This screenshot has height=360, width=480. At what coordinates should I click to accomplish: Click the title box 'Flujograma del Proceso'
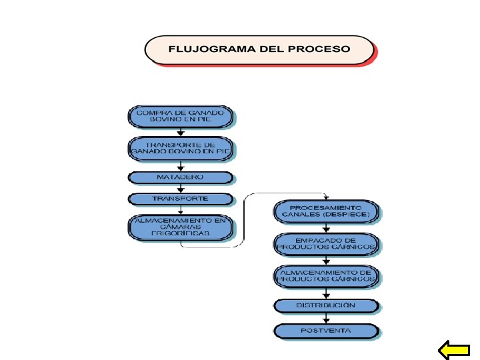(259, 50)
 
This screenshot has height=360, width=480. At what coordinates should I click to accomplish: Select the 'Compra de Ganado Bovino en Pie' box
(181, 117)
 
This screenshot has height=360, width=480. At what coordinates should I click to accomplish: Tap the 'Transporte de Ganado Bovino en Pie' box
(181, 147)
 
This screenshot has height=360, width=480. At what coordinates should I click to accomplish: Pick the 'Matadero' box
(181, 177)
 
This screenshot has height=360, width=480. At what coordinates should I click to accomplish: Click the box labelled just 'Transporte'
(181, 199)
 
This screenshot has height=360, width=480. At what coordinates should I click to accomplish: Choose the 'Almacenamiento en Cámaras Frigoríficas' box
(181, 227)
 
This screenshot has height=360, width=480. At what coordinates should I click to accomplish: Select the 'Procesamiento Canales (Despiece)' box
(326, 212)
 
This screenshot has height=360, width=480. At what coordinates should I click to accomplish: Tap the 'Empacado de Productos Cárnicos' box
(326, 244)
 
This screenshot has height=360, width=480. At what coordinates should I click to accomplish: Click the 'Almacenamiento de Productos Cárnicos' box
(326, 277)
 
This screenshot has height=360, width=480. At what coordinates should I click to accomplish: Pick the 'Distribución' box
(326, 305)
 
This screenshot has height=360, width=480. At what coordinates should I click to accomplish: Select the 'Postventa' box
(326, 330)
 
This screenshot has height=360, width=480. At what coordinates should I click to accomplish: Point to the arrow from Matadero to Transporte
(181, 189)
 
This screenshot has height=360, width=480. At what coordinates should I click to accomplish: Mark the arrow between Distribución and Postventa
(326, 318)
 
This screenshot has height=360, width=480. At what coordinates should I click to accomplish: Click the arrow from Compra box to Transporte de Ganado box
(181, 132)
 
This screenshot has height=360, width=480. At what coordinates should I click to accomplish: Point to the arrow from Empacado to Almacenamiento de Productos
(326, 261)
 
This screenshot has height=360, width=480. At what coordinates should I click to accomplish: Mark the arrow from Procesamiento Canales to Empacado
(326, 229)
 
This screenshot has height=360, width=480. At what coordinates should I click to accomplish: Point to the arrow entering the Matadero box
(181, 166)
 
